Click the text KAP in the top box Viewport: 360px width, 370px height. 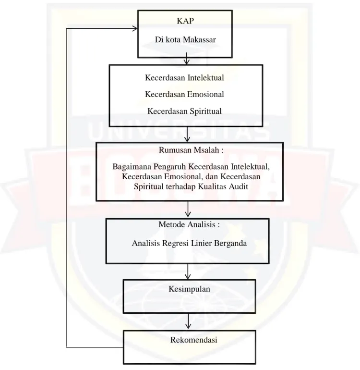click(185, 21)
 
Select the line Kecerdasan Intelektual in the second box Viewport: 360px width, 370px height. click(184, 78)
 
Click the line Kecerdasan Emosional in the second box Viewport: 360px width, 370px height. click(184, 94)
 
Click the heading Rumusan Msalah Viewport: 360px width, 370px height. click(191, 150)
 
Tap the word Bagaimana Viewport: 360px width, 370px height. click(132, 167)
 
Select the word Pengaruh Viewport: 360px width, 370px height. click(170, 167)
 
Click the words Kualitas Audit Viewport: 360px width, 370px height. click(223, 186)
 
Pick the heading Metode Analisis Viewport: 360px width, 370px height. click(189, 224)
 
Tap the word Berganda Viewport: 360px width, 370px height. click(230, 243)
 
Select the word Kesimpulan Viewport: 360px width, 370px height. click(189, 289)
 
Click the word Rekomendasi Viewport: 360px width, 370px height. click(193, 340)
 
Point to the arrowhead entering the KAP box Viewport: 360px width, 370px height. click(135, 29)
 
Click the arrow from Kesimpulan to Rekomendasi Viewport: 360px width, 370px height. click(188, 321)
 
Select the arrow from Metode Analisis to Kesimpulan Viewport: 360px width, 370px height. click(188, 271)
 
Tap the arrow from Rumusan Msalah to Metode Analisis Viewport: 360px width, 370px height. click(188, 209)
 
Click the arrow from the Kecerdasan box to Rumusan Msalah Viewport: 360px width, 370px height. click(187, 134)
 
